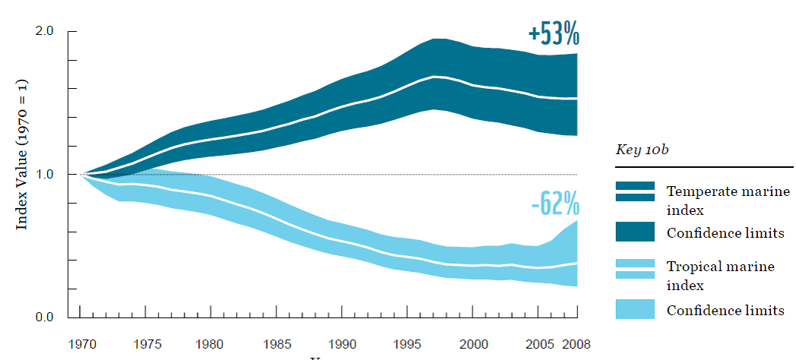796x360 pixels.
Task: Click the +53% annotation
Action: point(553,35)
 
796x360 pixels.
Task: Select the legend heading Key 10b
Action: point(640,151)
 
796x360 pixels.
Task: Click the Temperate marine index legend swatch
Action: point(635,191)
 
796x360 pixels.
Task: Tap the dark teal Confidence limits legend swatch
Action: point(635,232)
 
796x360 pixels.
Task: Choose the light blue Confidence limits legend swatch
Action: point(635,309)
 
